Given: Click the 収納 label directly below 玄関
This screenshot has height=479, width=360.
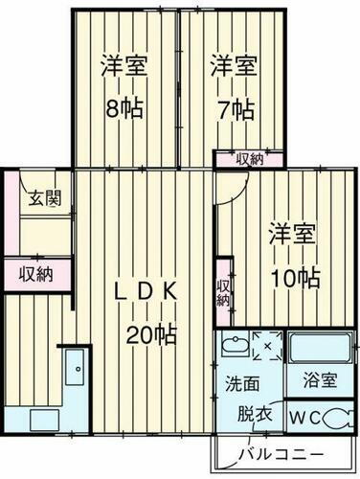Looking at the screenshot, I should coord(36,274).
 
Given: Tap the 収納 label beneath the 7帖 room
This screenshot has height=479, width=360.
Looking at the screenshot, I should coord(250,159).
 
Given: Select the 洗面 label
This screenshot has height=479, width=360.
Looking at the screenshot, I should coord(241,383).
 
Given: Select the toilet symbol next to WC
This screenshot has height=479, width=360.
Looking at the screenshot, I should coord(334,417).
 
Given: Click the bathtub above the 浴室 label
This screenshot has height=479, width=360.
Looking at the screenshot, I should coord(319,347).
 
